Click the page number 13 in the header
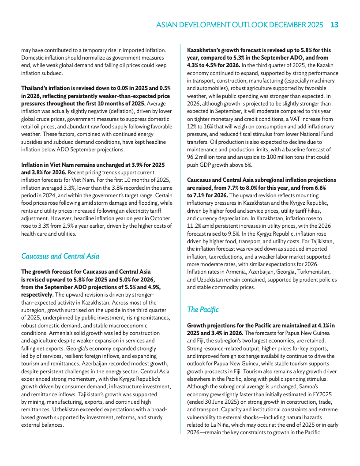point(334,25)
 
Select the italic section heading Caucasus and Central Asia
point(60,256)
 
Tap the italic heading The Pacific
point(202,309)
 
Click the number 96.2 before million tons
point(195,157)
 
